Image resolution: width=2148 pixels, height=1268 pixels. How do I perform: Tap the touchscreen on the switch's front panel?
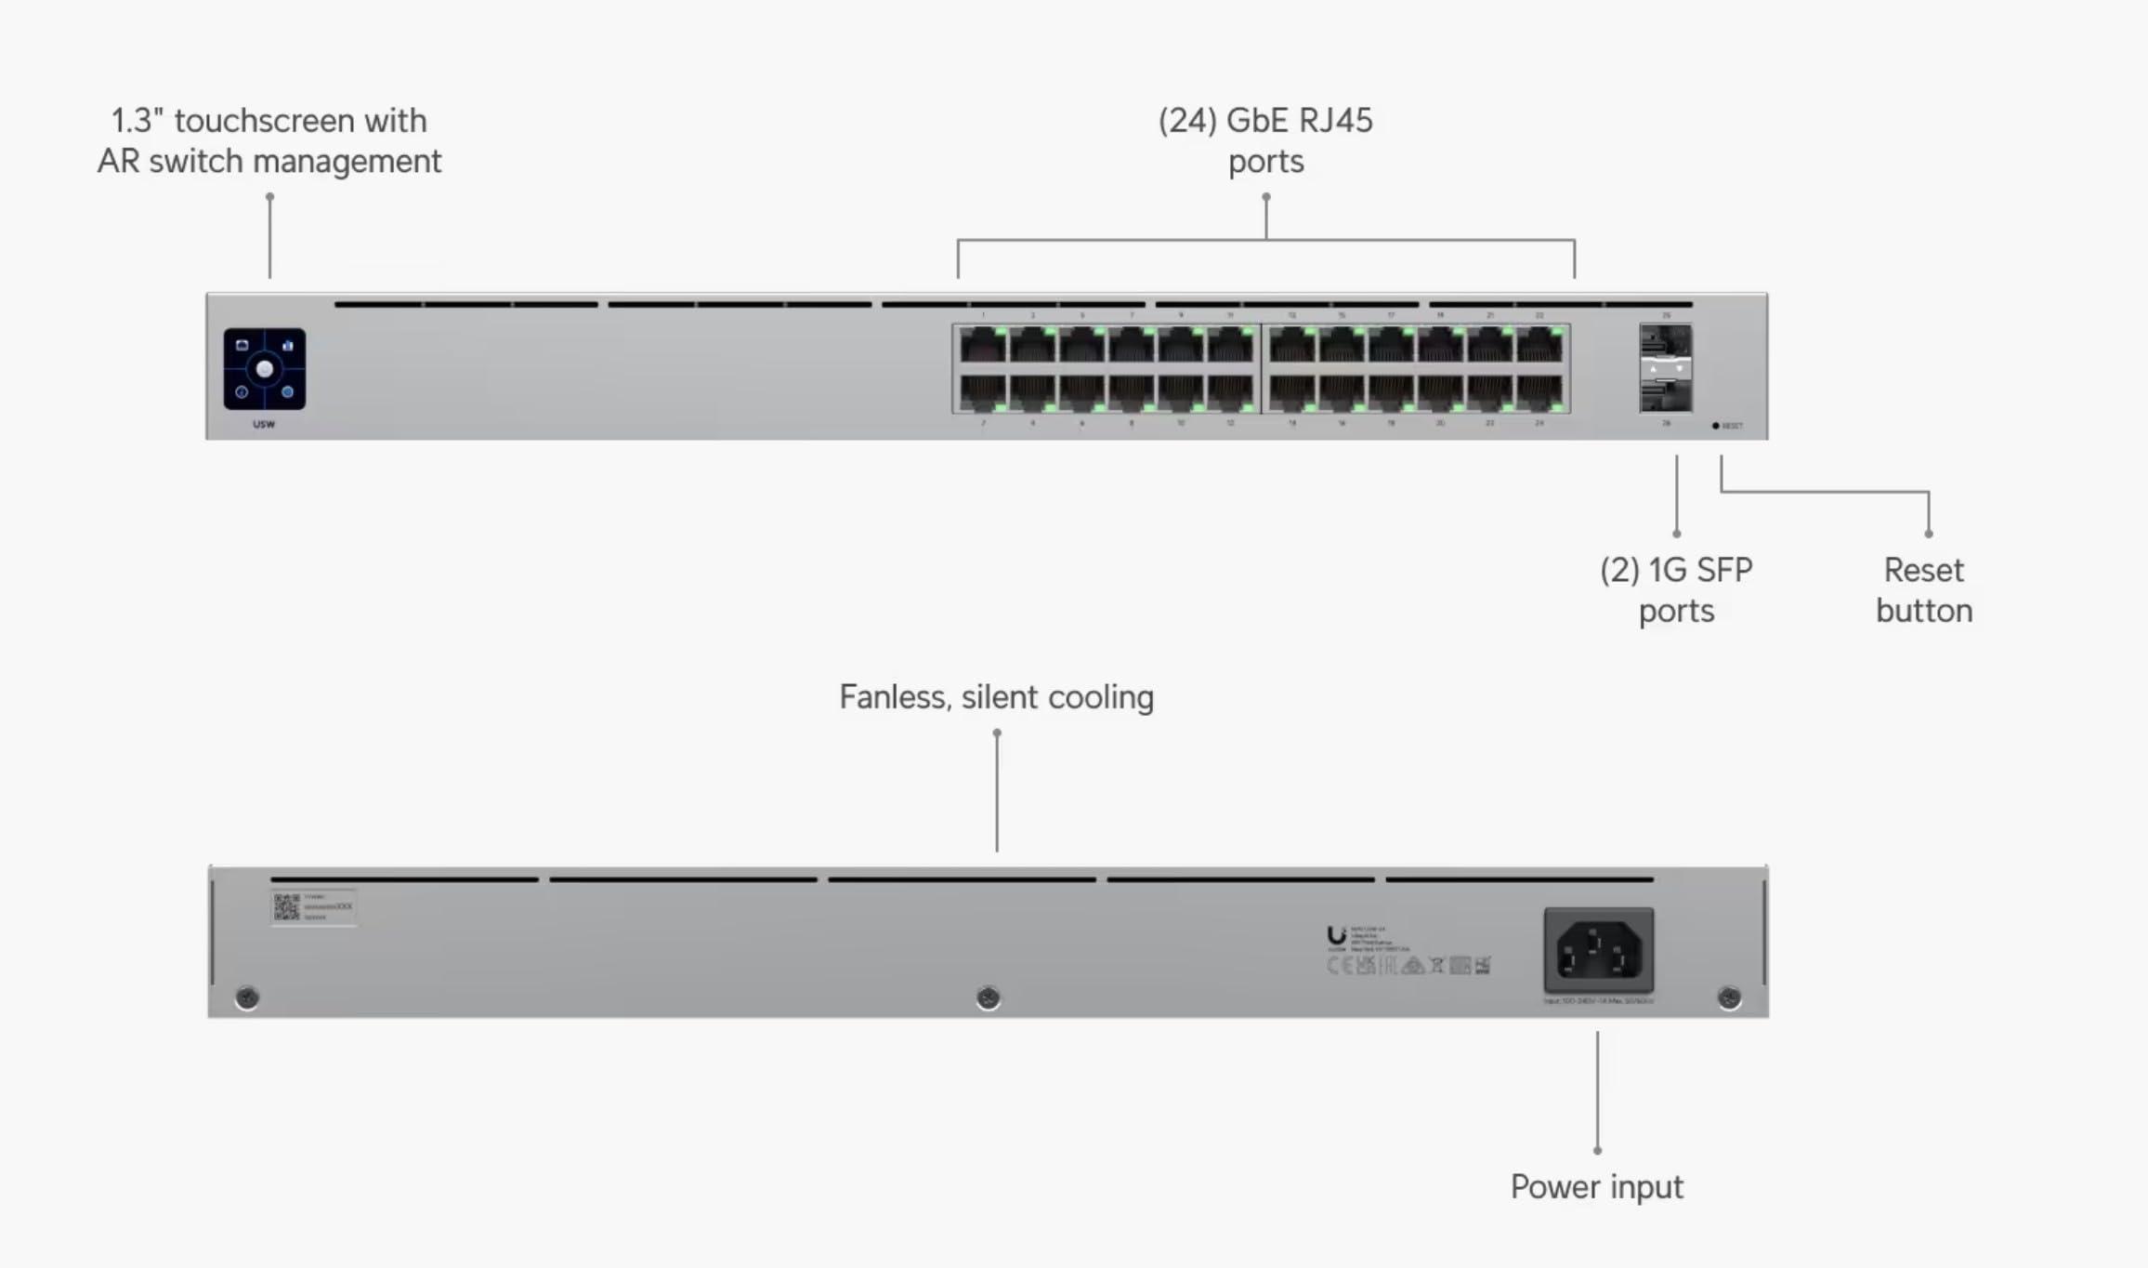(x=264, y=369)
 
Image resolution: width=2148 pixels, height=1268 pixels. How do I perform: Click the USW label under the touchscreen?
(x=264, y=425)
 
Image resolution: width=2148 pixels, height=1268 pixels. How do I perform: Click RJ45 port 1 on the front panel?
(x=983, y=346)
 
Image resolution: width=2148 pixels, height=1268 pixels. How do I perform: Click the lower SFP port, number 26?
(x=1665, y=395)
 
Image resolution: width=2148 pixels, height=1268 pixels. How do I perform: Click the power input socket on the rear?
(x=1598, y=951)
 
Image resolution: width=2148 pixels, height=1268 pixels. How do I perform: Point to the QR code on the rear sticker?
(x=286, y=907)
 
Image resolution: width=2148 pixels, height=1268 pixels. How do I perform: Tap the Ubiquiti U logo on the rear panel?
(x=1336, y=935)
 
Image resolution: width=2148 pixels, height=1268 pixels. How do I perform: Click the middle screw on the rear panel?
(x=988, y=997)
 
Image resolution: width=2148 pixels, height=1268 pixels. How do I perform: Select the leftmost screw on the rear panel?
(x=247, y=997)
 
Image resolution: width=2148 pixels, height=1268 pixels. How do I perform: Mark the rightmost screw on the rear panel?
(x=1729, y=997)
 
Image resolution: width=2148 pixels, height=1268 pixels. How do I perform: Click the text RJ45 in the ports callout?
(x=1334, y=121)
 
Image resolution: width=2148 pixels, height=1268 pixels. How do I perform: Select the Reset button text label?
(x=1923, y=590)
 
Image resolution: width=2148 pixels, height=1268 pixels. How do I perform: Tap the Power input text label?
(x=1596, y=1187)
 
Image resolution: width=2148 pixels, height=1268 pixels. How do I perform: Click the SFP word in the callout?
(x=1723, y=570)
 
